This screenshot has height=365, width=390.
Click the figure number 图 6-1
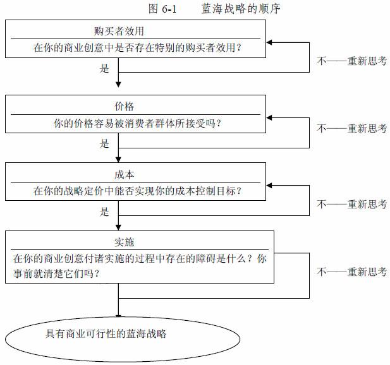(x=162, y=9)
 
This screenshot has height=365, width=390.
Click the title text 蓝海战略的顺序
(x=241, y=9)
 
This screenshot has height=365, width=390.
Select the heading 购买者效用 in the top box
(x=119, y=31)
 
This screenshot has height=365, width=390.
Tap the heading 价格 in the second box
(x=124, y=106)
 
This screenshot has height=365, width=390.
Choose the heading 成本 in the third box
(x=124, y=175)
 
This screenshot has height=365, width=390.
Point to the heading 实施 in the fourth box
(x=124, y=242)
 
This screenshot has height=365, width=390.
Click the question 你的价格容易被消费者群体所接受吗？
(x=138, y=123)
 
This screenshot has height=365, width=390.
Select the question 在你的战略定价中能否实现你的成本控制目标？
(x=138, y=191)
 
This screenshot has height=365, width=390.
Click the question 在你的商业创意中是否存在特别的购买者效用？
(x=138, y=47)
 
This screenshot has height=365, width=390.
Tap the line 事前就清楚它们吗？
(x=56, y=274)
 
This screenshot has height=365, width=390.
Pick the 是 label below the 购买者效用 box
(x=104, y=68)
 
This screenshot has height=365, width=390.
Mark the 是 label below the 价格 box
(x=104, y=143)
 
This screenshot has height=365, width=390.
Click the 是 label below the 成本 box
(x=104, y=212)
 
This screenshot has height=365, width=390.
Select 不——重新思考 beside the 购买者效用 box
(x=351, y=61)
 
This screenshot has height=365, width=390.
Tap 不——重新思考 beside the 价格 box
(x=351, y=128)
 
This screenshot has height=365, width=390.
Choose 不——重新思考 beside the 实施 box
(x=351, y=272)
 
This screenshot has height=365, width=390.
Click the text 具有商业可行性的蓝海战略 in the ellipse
(x=106, y=333)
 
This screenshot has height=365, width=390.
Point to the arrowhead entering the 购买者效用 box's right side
(x=269, y=42)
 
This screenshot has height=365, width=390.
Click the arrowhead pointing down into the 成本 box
(x=118, y=160)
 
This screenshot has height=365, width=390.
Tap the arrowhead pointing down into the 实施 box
(x=118, y=227)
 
